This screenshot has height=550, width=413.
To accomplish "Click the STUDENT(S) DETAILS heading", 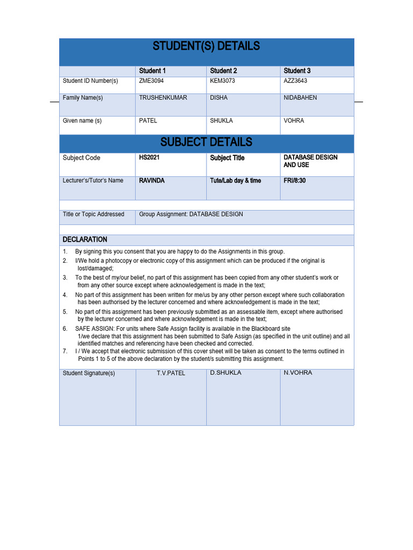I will point(206,46).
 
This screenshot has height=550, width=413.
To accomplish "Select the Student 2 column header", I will point(223,71).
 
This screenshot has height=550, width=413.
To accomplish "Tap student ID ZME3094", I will point(151,81).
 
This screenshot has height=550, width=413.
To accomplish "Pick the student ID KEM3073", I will point(222,81).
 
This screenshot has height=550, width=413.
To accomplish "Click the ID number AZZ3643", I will point(295,81).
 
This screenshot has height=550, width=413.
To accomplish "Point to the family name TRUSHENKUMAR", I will point(163,98).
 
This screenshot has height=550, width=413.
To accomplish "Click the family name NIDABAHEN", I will point(300,98).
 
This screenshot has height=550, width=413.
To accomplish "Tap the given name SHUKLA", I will point(221,121).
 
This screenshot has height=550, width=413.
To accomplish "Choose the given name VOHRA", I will point(294,121).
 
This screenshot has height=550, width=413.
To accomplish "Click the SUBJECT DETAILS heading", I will point(206,142).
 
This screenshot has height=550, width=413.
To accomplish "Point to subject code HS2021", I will point(149,158).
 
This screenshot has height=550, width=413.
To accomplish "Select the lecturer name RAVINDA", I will point(152,180).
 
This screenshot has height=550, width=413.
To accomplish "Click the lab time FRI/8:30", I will point(295,180).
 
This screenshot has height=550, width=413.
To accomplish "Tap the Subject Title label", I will point(227,158).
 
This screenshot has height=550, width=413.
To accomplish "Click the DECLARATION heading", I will point(85,240).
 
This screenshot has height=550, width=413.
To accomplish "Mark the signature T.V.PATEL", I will point(170,373).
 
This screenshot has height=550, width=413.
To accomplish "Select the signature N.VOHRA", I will point(297,373).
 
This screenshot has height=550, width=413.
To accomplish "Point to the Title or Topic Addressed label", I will point(94,214).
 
